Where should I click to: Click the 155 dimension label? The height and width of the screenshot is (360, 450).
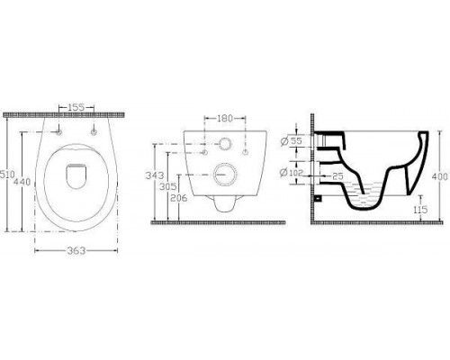pyautogui.click(x=76, y=107)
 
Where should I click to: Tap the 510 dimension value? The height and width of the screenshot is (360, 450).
pyautogui.click(x=6, y=175)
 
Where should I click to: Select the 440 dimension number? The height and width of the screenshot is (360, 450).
pyautogui.click(x=22, y=182)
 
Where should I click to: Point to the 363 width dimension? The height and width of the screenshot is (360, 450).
pyautogui.click(x=76, y=250)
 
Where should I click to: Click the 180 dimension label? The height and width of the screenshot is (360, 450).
pyautogui.click(x=225, y=119)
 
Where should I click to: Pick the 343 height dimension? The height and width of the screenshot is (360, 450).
pyautogui.click(x=155, y=175)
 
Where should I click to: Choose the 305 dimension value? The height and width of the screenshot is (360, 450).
pyautogui.click(x=168, y=186)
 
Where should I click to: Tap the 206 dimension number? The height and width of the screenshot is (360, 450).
pyautogui.click(x=178, y=198)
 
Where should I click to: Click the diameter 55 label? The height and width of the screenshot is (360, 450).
pyautogui.click(x=292, y=140)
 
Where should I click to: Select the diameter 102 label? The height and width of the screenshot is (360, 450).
pyautogui.click(x=292, y=173)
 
